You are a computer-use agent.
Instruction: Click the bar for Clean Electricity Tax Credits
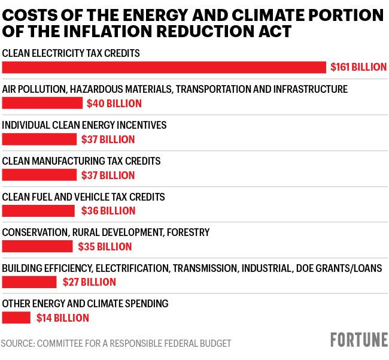[x=164, y=67]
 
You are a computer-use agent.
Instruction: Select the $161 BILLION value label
[x=358, y=67]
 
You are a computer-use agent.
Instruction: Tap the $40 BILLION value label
[x=114, y=104]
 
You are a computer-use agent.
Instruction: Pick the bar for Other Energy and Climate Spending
[x=16, y=318]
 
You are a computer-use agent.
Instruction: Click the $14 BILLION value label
[x=63, y=318]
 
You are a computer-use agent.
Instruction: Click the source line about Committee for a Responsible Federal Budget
[x=116, y=343]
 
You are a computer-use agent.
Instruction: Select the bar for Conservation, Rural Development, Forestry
[x=37, y=246]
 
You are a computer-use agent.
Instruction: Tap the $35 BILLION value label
[x=105, y=247]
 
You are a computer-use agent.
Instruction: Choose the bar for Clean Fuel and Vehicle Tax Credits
[x=38, y=211]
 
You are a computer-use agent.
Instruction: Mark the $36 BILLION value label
[x=108, y=211]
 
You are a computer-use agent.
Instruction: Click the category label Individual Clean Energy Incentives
[x=84, y=125]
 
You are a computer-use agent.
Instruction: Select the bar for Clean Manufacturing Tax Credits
[x=39, y=175]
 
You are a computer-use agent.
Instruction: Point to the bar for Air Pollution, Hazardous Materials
[x=42, y=103]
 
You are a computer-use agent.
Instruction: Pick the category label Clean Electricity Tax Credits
[x=71, y=53]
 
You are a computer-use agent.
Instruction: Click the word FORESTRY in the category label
[x=189, y=232]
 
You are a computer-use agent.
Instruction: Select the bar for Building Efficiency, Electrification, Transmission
[x=29, y=282]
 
